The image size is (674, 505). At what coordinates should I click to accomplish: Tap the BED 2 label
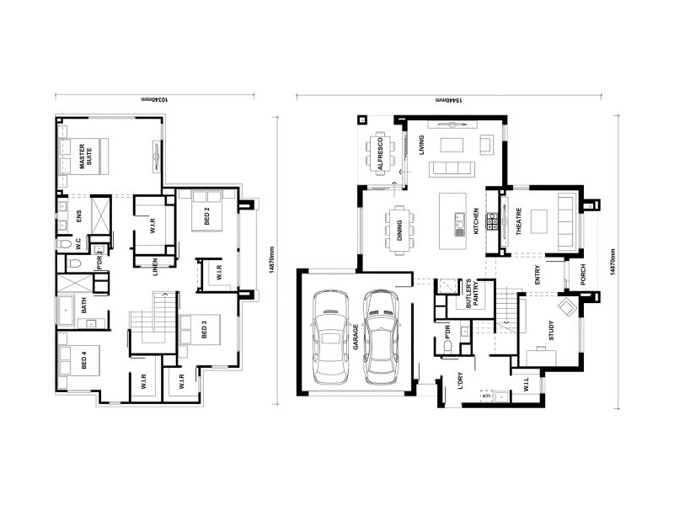(208, 216)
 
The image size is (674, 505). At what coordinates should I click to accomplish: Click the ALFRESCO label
(381, 154)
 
